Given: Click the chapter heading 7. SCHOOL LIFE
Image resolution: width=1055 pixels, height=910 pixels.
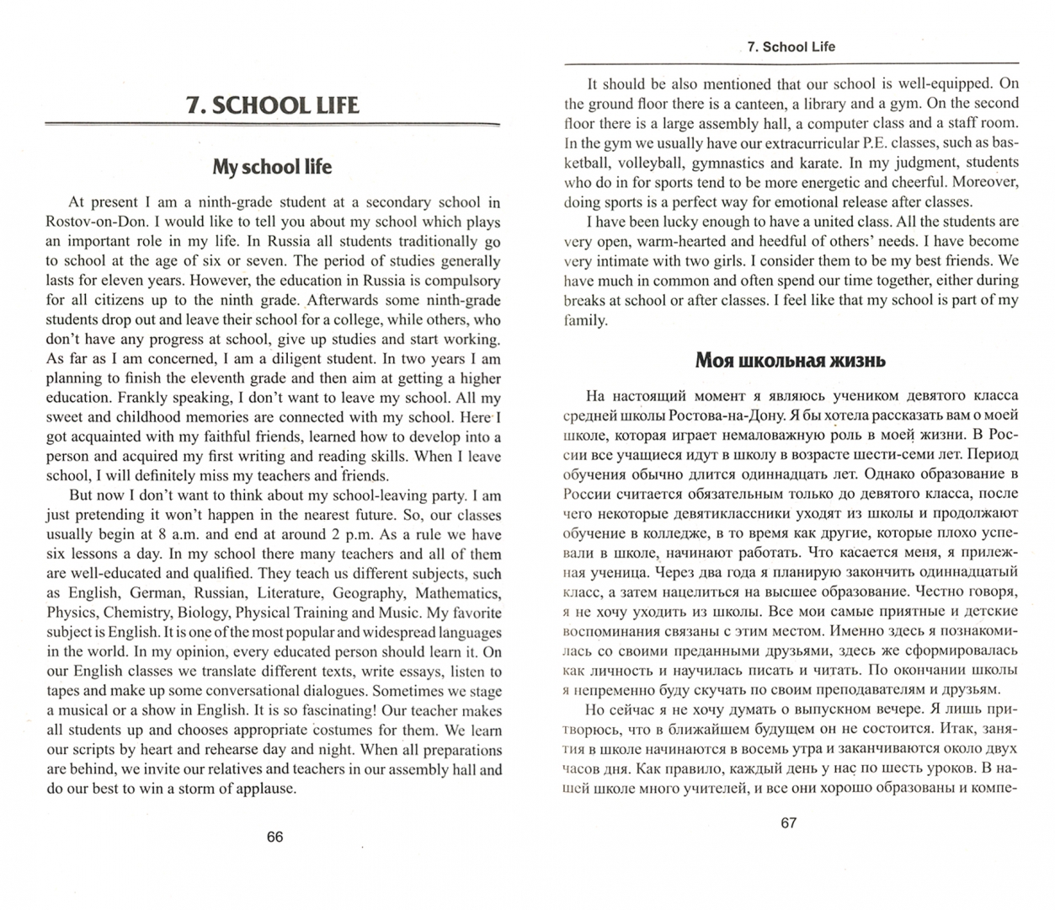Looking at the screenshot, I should click(x=273, y=105).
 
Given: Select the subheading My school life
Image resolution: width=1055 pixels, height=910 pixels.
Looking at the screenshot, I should click(x=272, y=167).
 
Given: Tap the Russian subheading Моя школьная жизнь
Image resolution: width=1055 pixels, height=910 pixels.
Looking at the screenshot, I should click(x=790, y=361).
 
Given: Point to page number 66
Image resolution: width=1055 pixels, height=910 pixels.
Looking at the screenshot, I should click(x=274, y=837).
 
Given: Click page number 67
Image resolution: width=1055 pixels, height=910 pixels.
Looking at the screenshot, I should click(x=788, y=823).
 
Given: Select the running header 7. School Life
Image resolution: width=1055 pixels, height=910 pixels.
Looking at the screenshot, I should click(x=790, y=47).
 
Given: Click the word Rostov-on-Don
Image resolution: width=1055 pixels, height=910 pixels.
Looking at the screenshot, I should click(x=94, y=222).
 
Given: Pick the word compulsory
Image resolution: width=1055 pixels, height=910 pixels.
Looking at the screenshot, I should click(x=462, y=281).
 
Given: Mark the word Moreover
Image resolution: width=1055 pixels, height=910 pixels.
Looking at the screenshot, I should click(x=986, y=182).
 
